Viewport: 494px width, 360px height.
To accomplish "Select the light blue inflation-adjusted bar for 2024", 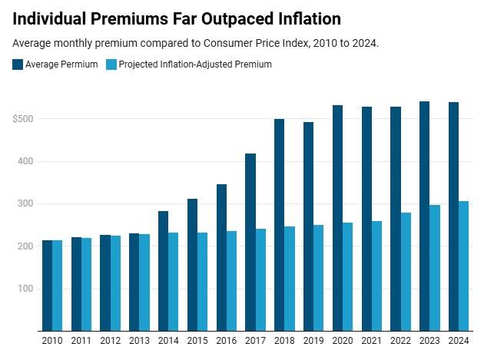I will click(464, 266).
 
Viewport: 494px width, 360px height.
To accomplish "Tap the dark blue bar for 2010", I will click(48, 285).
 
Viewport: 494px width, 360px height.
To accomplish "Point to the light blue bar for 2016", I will click(231, 280).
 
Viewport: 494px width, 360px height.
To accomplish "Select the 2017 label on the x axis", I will click(256, 340).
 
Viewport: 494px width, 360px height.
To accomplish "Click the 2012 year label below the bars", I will click(111, 340).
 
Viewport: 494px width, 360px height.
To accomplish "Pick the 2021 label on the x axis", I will click(372, 340).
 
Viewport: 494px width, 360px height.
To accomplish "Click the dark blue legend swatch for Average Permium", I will click(18, 64).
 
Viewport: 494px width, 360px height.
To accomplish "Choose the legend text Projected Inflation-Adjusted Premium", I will click(197, 64).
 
